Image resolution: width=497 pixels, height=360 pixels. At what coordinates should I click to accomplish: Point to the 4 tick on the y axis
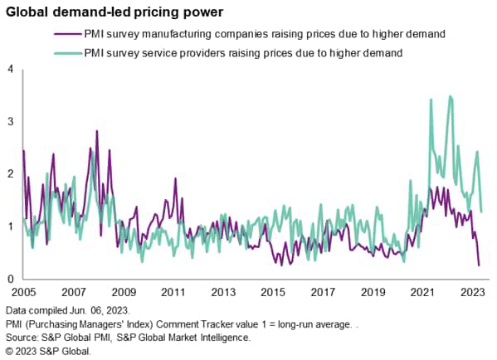click(x=9, y=69)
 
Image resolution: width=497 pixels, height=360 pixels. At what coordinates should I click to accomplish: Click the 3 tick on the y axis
click(x=9, y=121)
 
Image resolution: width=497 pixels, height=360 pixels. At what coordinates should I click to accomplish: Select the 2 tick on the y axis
click(x=9, y=174)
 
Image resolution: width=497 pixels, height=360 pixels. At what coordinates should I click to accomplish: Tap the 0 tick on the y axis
click(x=9, y=279)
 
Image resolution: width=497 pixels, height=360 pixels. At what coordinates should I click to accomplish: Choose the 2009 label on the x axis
click(x=124, y=293)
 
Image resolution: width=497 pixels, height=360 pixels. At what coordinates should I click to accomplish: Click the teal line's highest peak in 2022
click(x=451, y=96)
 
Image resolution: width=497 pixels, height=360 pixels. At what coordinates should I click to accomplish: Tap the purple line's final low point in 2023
click(x=480, y=265)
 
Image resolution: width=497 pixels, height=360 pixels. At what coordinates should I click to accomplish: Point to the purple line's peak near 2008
click(x=97, y=131)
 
